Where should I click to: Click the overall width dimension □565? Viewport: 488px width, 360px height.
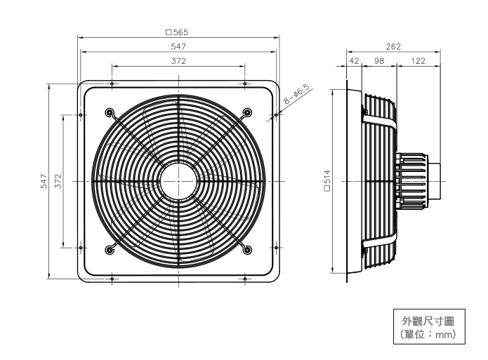coord(178,32)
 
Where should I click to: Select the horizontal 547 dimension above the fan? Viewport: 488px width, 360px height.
coord(178,46)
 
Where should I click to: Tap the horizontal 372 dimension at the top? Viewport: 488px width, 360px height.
coord(178,62)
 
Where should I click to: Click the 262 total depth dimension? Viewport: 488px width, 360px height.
coord(394,46)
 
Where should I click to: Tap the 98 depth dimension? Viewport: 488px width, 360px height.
coord(379,62)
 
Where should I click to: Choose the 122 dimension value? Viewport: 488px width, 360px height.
coord(418,62)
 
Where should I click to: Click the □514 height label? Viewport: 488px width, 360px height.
coord(327,182)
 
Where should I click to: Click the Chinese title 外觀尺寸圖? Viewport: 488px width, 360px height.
coord(428,321)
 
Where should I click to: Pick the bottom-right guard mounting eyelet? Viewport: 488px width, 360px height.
coord(248,250)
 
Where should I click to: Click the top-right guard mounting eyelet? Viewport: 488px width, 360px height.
coord(248,112)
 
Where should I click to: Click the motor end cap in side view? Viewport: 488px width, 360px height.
coord(435,181)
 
